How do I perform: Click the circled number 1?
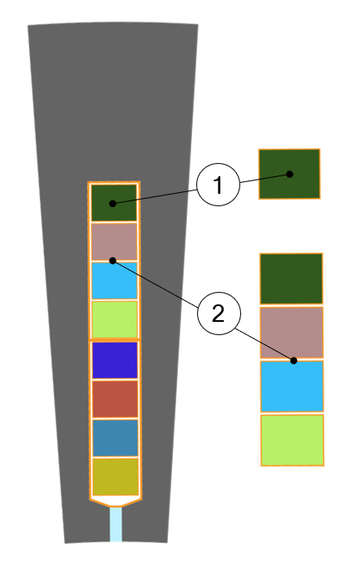point(218,185)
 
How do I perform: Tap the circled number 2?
point(219,314)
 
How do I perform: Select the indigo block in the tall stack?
point(115,360)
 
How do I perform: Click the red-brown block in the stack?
point(116,399)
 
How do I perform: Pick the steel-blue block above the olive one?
point(116,437)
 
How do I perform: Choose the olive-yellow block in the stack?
point(116,477)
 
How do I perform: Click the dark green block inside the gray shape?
point(114,203)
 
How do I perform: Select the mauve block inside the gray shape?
point(115,242)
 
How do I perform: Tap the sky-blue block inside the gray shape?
point(115,280)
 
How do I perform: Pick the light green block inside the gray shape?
point(115,319)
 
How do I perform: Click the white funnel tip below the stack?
point(116,501)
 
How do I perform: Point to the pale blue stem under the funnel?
point(116,524)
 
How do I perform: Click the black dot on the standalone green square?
point(289,174)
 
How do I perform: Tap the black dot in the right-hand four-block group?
point(293,360)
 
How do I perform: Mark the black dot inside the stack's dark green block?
point(113,204)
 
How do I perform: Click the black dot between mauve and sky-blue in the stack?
point(113,260)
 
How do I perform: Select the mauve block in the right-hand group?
point(292,333)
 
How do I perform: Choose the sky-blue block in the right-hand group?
point(292,387)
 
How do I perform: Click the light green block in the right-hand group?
point(293,440)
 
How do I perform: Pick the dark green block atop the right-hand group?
point(292,279)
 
